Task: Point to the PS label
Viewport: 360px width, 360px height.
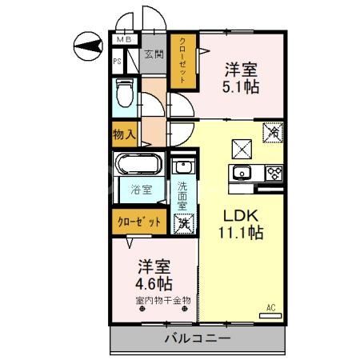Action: click(117, 60)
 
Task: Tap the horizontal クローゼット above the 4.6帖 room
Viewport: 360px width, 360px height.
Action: click(139, 222)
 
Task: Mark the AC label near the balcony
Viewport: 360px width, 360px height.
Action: click(271, 307)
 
